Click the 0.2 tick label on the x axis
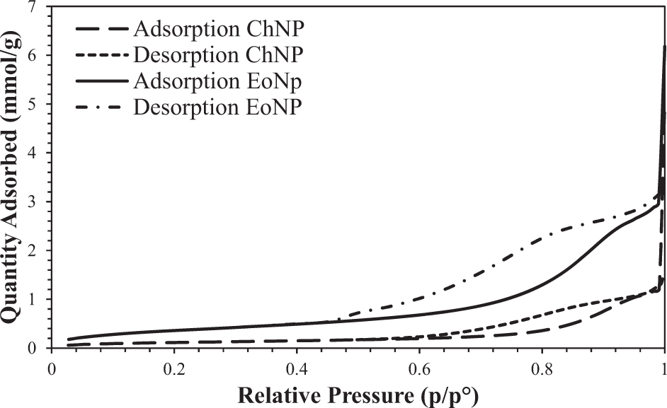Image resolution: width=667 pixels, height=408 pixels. (x=173, y=368)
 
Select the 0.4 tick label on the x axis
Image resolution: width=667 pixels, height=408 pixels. (x=296, y=368)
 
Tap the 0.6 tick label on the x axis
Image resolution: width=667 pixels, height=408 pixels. (x=419, y=368)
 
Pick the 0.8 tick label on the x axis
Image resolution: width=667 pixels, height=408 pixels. (x=542, y=368)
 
